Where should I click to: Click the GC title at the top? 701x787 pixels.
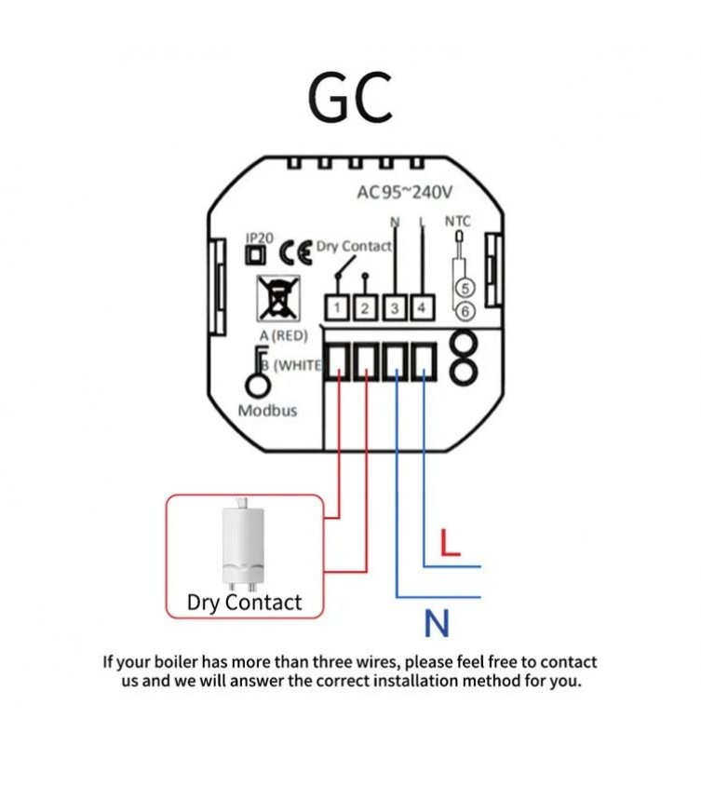[350, 98]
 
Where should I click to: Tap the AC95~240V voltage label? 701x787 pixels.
[404, 192]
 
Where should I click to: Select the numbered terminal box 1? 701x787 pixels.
[338, 307]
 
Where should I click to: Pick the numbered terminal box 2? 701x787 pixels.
[366, 307]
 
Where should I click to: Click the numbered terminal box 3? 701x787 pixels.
[395, 307]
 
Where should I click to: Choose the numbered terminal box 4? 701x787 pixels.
[423, 307]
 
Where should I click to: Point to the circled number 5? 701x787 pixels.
[465, 289]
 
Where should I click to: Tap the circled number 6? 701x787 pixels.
[465, 311]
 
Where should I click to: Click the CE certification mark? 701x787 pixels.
[296, 252]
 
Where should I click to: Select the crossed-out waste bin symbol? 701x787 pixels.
[278, 299]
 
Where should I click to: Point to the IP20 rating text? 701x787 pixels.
[260, 237]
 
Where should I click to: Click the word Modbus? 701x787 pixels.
[267, 411]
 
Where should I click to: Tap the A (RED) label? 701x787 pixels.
[284, 335]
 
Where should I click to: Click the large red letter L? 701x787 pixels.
[450, 543]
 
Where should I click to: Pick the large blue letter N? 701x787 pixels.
[437, 623]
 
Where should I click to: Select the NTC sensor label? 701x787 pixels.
[458, 222]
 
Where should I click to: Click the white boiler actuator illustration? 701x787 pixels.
[243, 545]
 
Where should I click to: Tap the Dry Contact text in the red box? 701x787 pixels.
[244, 603]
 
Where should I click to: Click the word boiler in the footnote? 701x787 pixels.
[176, 661]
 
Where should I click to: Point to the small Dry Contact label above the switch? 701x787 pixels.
[354, 247]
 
